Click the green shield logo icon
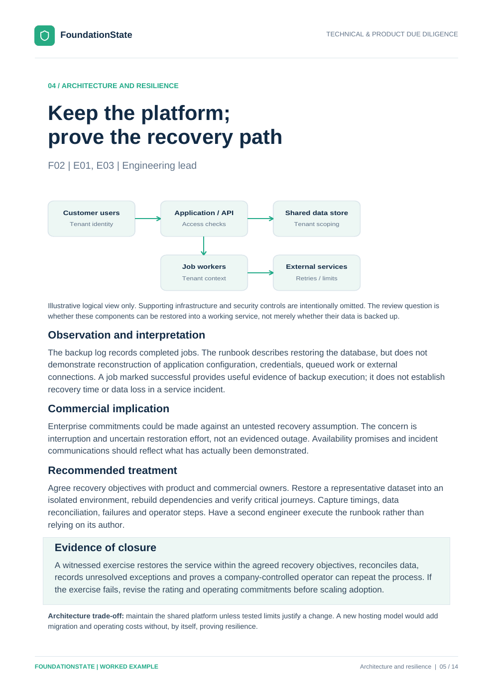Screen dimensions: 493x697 [x=44, y=35]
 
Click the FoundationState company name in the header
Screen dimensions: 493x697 [x=96, y=35]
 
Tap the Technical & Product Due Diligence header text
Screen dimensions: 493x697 [x=392, y=34]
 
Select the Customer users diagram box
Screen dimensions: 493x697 [x=92, y=219]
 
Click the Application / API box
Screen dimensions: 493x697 [x=204, y=219]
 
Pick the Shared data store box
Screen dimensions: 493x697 [x=317, y=219]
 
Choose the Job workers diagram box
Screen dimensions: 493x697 [x=204, y=273]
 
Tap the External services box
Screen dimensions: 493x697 [x=317, y=273]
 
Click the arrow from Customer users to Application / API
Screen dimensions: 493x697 [x=148, y=219]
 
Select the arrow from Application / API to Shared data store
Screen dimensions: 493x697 [x=260, y=219]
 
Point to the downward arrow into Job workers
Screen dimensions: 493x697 [x=204, y=246]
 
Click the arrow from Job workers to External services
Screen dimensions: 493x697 [x=260, y=273]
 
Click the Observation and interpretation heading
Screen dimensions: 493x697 [x=126, y=335]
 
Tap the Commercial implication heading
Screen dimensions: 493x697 [x=109, y=409]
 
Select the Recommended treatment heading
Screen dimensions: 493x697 [x=113, y=470]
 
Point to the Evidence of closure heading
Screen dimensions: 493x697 [x=105, y=547]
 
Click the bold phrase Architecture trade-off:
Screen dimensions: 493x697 [x=86, y=616]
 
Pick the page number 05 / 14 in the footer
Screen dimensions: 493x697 [x=449, y=667]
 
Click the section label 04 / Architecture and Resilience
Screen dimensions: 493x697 [x=114, y=86]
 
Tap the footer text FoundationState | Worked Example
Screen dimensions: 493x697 [x=97, y=667]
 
